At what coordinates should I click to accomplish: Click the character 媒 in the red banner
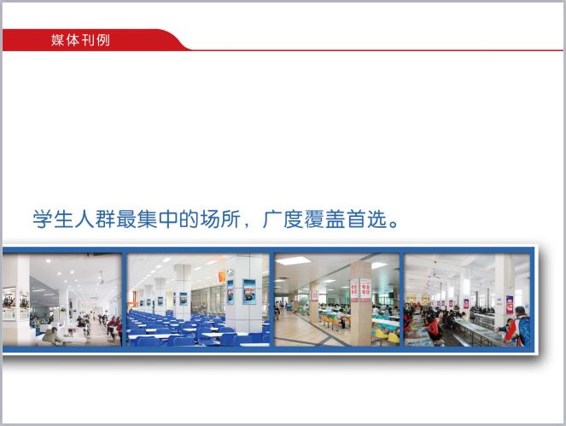[57, 40]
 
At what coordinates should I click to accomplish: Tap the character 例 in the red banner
[103, 40]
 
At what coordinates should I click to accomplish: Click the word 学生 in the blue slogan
[53, 219]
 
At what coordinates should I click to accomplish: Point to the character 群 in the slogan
[105, 219]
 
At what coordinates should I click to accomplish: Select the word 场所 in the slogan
[220, 219]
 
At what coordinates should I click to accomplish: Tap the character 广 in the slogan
[272, 219]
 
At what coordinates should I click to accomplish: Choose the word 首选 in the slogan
[367, 219]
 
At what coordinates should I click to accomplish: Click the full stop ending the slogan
[394, 224]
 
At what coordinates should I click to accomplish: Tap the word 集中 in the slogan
[158, 219]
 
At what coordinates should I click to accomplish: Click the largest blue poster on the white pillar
[249, 292]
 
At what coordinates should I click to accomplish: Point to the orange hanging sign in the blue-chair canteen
[222, 277]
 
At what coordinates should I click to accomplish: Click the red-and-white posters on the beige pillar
[360, 289]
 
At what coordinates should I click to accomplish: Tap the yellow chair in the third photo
[393, 337]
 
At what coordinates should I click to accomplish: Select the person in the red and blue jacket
[516, 325]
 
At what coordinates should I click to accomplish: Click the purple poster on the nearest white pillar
[510, 304]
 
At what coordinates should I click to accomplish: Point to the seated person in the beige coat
[53, 336]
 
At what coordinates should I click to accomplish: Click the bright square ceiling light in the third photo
[293, 260]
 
